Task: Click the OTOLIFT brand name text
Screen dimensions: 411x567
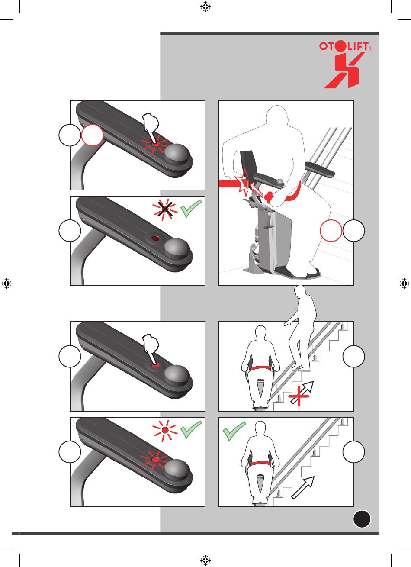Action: pos(345,46)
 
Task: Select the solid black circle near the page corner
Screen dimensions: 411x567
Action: pos(362,519)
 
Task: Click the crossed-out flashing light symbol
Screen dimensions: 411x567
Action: pos(165,209)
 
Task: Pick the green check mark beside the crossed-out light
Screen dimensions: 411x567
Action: pos(191,209)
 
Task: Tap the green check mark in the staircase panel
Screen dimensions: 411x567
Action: pos(234,431)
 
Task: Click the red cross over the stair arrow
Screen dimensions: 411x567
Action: pos(299,396)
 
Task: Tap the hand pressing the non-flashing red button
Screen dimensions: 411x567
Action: pos(151,348)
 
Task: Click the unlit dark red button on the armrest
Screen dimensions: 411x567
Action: pos(154,238)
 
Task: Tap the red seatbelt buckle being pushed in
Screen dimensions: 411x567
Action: pos(269,196)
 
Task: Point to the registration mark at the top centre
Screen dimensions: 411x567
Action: pos(205,6)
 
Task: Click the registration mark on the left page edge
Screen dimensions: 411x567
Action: pos(7,283)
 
